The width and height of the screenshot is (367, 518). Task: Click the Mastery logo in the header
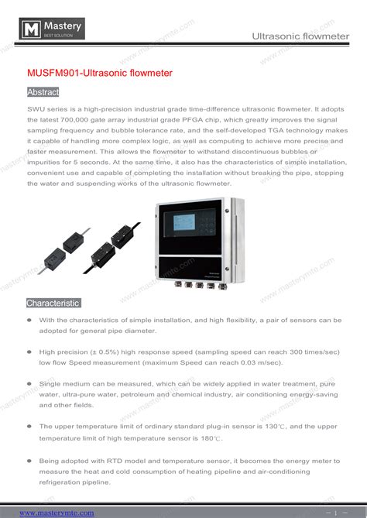pyautogui.click(x=52, y=31)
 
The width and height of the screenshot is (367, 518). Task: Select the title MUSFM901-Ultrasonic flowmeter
pyautogui.click(x=99, y=73)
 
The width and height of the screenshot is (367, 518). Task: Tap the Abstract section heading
pyautogui.click(x=43, y=92)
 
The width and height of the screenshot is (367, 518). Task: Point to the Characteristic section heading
pyautogui.click(x=53, y=303)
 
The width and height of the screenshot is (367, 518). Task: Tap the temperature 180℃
pyautogui.click(x=210, y=438)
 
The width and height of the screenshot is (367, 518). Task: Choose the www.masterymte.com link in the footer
pyautogui.click(x=57, y=513)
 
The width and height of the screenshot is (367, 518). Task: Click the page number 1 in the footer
pyautogui.click(x=335, y=513)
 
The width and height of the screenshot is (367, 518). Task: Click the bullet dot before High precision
pyautogui.click(x=29, y=352)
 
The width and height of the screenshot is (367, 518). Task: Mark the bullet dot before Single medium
pyautogui.click(x=29, y=383)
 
